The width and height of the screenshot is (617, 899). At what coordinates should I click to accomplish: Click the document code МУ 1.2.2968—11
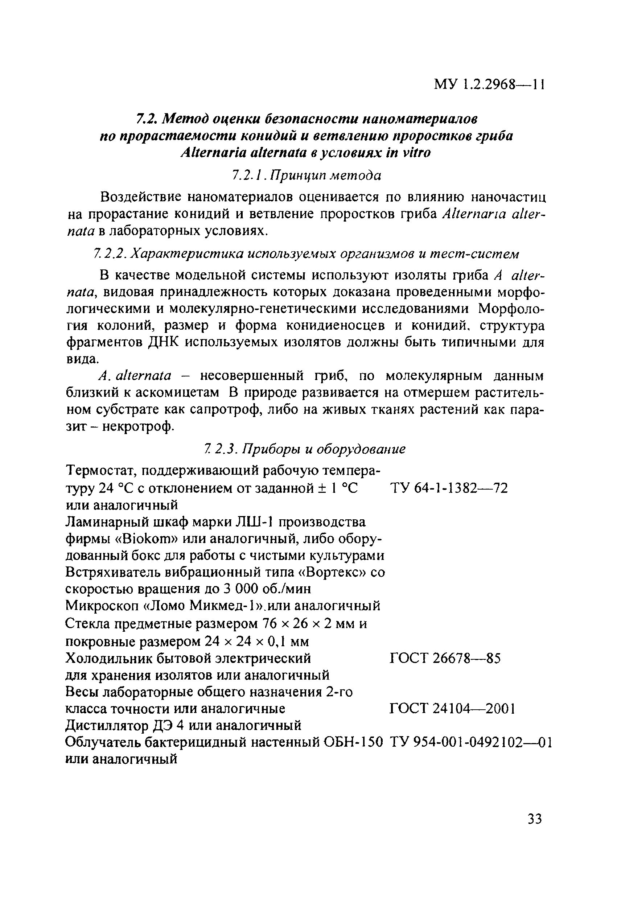489,84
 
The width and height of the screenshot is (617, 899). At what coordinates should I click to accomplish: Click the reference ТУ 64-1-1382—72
449,488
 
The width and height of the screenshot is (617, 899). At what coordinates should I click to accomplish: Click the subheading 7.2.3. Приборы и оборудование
305,449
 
